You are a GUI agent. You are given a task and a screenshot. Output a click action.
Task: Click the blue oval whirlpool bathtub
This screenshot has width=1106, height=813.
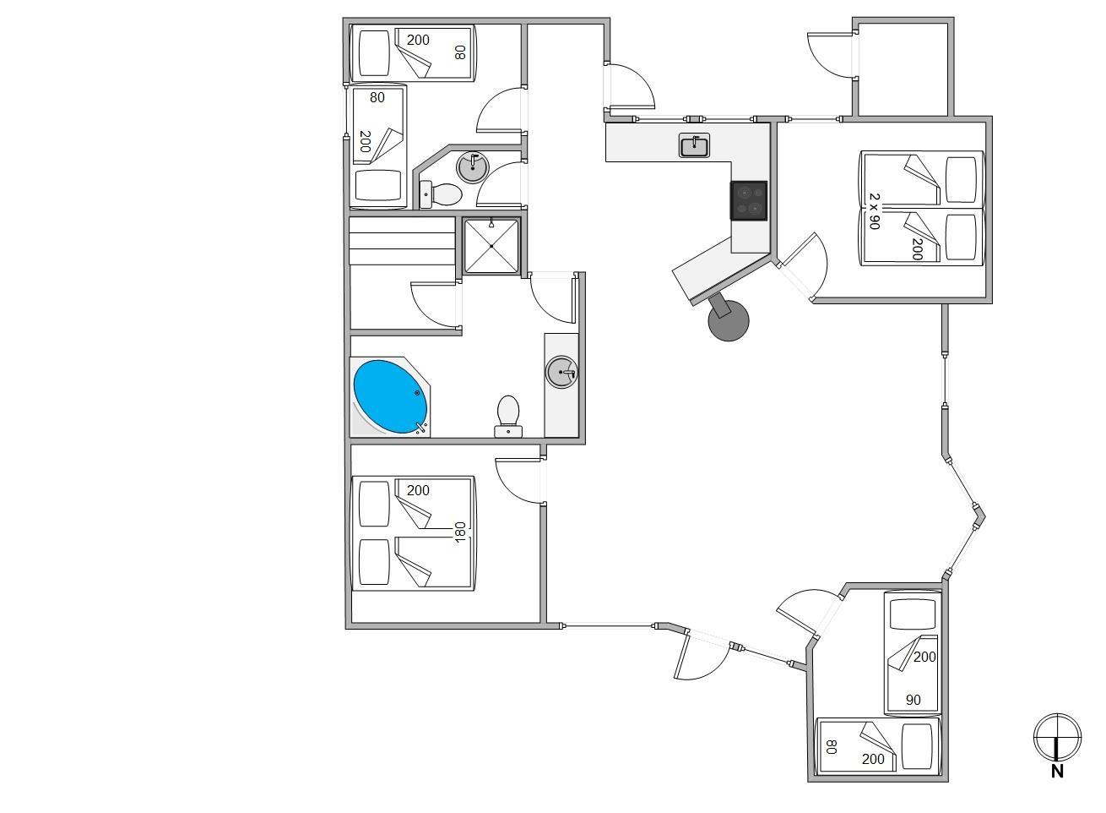(391, 396)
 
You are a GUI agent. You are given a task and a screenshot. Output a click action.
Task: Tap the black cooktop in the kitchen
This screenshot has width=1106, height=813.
(749, 200)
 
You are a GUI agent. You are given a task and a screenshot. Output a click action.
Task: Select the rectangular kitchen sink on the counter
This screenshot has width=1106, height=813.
(694, 145)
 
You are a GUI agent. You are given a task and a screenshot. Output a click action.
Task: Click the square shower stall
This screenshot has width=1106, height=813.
(491, 246)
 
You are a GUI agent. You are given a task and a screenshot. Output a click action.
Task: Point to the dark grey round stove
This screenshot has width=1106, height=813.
(729, 320)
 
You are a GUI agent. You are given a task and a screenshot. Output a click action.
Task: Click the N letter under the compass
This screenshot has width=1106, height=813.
(1057, 771)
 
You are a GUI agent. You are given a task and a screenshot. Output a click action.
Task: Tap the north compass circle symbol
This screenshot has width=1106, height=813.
(1057, 738)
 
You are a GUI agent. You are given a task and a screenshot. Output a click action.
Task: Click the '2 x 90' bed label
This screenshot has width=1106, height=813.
(874, 211)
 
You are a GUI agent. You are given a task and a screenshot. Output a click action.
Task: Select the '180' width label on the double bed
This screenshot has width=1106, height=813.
(460, 532)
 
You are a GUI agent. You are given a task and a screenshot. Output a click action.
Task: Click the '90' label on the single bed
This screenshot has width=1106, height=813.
(913, 700)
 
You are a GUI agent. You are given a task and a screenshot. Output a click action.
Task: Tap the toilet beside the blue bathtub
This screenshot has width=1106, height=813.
(508, 416)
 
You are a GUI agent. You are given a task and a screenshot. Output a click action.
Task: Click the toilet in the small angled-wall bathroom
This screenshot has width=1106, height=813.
(441, 194)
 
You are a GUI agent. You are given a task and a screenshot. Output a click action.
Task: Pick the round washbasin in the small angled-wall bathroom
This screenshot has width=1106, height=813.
(473, 166)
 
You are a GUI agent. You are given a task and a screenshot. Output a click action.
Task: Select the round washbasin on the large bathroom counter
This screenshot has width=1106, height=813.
(562, 372)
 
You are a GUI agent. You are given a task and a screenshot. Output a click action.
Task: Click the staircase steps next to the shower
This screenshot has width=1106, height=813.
(402, 241)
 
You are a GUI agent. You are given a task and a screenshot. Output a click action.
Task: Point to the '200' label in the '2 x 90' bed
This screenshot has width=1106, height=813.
(917, 249)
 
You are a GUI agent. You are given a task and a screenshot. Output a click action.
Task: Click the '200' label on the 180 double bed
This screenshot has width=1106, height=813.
(418, 490)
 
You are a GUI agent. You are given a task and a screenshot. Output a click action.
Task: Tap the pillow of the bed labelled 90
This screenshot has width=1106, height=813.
(913, 614)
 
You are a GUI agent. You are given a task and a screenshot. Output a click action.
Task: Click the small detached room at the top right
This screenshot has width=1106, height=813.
(903, 68)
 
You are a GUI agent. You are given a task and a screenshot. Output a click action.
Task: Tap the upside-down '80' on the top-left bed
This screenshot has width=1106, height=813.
(459, 52)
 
